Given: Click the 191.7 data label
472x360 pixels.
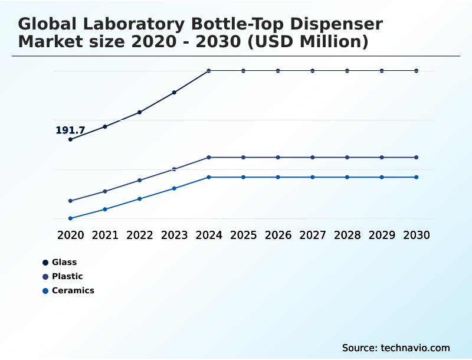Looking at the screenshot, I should (70, 130).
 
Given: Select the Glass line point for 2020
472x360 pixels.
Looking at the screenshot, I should (70, 139).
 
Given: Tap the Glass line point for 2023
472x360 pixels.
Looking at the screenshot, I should (174, 93).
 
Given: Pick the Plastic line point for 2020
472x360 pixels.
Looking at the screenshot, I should (70, 201).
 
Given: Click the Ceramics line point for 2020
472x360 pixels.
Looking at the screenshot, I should (70, 218).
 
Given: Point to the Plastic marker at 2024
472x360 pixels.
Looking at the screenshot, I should (209, 158).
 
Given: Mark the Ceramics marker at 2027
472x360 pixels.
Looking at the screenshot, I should (313, 177).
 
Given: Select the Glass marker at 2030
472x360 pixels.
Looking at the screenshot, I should (417, 71).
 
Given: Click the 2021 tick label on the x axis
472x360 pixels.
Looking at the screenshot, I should (105, 235).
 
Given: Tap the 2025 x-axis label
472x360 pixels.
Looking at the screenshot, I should (243, 235).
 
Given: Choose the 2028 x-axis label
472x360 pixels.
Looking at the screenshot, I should (347, 235).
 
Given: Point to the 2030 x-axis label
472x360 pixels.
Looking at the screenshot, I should (417, 235).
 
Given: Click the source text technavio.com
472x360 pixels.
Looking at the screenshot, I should (415, 348).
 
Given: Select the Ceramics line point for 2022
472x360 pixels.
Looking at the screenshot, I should (140, 199).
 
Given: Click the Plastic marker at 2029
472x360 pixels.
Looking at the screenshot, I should (382, 158).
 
